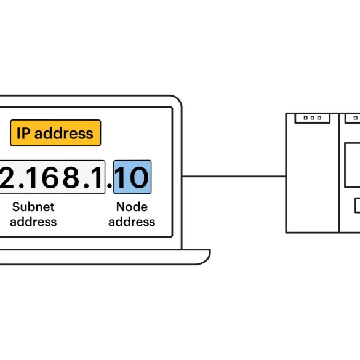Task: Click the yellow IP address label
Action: click(x=55, y=133)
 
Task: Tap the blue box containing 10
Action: click(x=132, y=177)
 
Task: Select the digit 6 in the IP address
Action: click(x=50, y=177)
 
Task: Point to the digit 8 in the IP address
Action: click(x=71, y=177)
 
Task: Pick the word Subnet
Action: click(x=33, y=207)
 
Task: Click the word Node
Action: click(x=132, y=207)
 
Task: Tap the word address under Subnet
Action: click(x=33, y=222)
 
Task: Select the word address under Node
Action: click(x=132, y=222)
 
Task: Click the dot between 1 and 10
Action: click(x=110, y=185)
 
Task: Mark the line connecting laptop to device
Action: click(x=234, y=177)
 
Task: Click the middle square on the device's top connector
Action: click(x=312, y=118)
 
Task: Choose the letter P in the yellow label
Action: click(x=26, y=133)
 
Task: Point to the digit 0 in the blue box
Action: click(x=139, y=177)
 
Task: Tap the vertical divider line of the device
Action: click(x=339, y=173)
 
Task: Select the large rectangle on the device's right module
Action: click(x=353, y=165)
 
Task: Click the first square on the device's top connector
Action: click(x=305, y=118)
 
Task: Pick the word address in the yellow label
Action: click(x=64, y=133)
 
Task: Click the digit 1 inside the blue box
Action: click(x=121, y=177)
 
